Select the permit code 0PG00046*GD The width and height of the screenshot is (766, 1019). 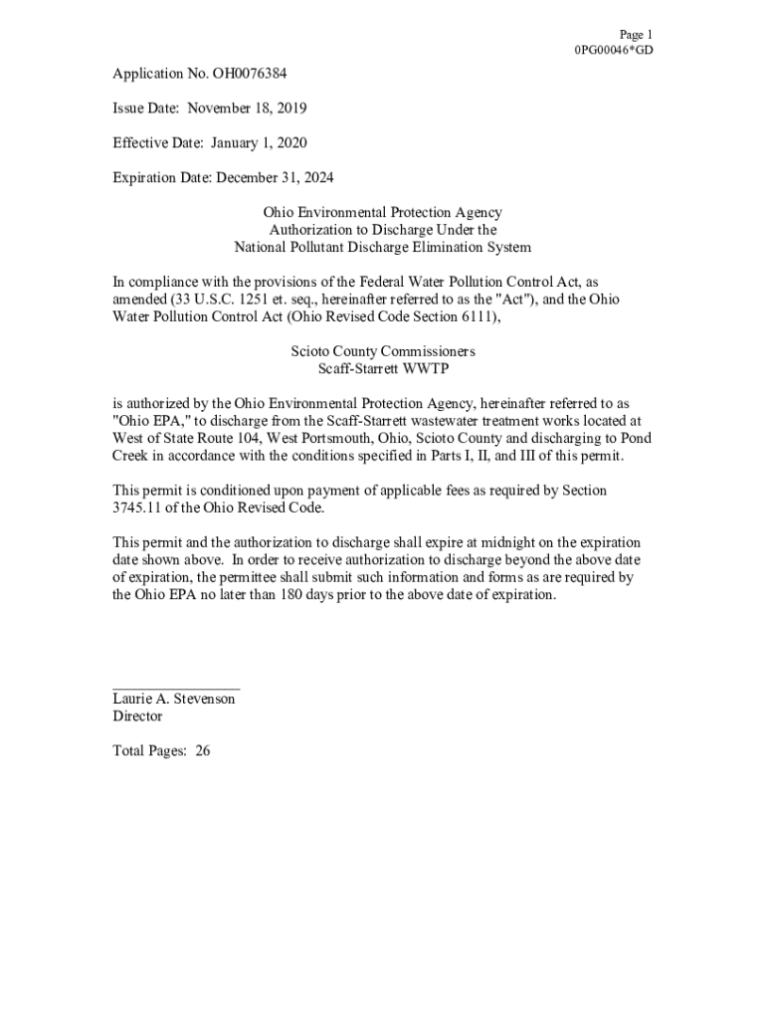[614, 51]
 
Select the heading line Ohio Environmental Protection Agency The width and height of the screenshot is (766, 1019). [382, 213]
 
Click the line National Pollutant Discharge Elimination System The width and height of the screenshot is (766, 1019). [382, 248]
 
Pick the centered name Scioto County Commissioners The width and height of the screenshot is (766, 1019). [382, 352]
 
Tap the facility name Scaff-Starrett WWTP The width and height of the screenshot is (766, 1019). [382, 369]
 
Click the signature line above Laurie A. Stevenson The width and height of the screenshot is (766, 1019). [176, 688]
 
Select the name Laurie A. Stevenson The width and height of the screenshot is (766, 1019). [174, 700]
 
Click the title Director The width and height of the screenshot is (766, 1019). [137, 716]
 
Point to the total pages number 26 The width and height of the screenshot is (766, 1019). [202, 751]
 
